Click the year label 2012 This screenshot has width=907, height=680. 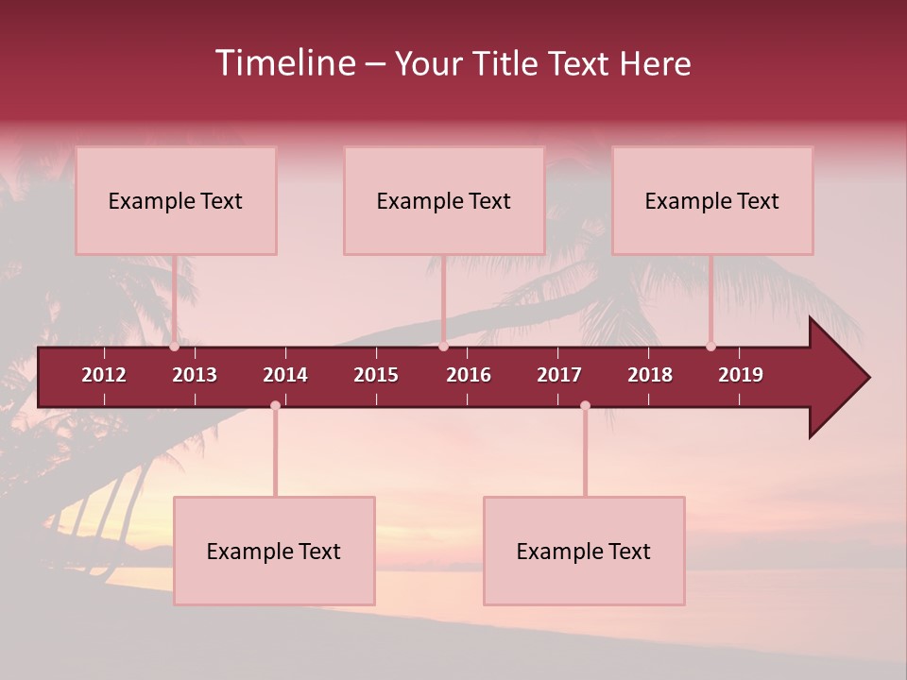[x=104, y=375]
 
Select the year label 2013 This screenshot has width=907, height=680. [x=195, y=375]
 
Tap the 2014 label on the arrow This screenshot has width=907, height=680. [x=285, y=375]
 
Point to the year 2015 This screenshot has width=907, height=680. [x=376, y=375]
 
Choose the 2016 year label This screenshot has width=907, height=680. [x=469, y=375]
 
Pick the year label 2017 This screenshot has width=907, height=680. [x=559, y=375]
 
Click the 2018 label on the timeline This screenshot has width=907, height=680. [x=650, y=375]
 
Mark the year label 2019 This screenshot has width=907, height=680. [x=741, y=375]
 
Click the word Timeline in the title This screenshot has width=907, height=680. [x=284, y=63]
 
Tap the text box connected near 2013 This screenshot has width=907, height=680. [x=176, y=200]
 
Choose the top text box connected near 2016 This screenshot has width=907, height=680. [x=444, y=200]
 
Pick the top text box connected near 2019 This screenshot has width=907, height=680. [x=712, y=200]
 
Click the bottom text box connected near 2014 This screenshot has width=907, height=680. [x=274, y=551]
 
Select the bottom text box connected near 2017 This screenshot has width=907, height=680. [x=584, y=551]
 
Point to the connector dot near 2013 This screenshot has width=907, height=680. [x=175, y=347]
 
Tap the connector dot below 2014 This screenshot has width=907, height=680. [x=275, y=406]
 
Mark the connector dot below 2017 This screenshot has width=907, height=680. [x=585, y=406]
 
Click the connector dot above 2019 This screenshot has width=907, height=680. [x=711, y=347]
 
